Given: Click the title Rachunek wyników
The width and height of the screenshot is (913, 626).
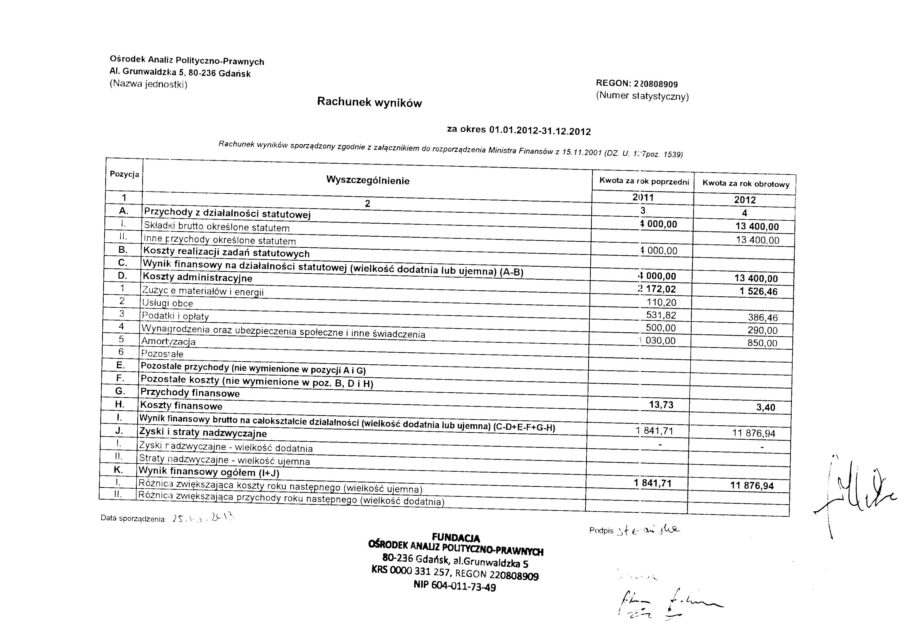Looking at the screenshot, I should point(369,102).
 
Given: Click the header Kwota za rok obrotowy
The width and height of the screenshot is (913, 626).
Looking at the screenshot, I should point(746,183).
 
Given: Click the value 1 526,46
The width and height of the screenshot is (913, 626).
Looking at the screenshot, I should point(758,292).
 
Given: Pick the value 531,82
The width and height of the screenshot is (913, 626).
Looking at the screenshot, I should point(661,315).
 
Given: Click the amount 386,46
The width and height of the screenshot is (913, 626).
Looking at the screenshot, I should point(762,317).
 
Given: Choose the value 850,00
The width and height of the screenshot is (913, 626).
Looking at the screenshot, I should point(762,343).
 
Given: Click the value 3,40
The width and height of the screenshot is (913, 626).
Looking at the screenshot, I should point(765,408).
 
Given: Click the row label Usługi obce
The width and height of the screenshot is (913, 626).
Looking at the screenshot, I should point(168,303).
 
